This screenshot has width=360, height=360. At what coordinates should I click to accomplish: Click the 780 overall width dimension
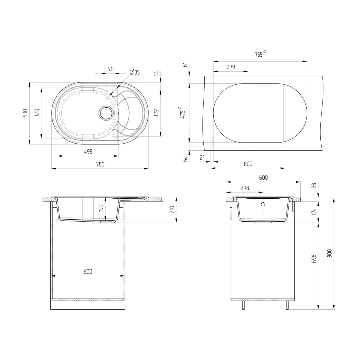pos(100,164)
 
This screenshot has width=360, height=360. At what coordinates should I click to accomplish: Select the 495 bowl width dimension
pos(88,152)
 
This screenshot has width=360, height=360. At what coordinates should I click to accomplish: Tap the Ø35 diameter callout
pos(134,72)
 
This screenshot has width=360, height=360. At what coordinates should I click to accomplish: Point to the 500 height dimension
pos(25,113)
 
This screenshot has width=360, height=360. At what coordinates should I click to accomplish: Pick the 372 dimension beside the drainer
pos(156,113)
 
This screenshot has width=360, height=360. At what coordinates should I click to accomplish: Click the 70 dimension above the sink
pos(111,69)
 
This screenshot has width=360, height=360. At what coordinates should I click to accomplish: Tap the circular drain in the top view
pos(106,113)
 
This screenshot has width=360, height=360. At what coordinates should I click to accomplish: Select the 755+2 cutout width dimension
pos(260,54)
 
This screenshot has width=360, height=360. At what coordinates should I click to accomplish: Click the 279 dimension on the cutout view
pos(231,67)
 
